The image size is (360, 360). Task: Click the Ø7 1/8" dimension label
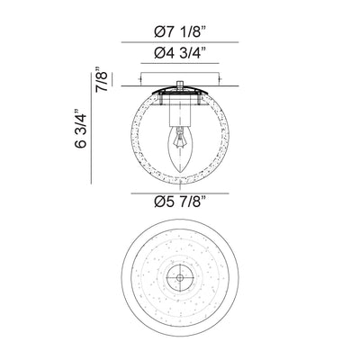pos(180,28)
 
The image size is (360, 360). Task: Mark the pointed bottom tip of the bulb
pos(180,171)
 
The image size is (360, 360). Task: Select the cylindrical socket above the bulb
pos(180,112)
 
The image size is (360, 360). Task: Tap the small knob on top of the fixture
pos(180,85)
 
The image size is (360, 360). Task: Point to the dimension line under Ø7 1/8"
pos(180,41)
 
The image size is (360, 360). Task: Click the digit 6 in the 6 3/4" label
pos(83,144)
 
